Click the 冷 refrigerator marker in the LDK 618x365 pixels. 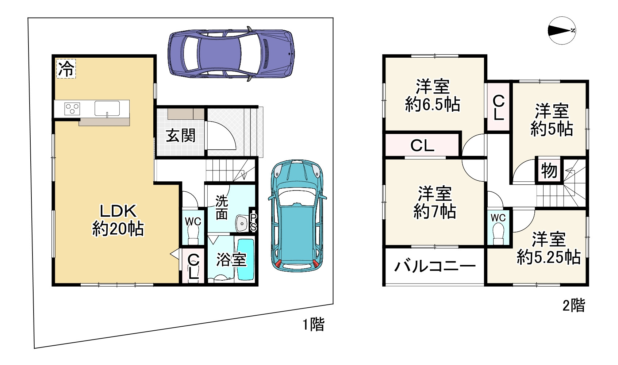point(66,69)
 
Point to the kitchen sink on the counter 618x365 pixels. point(107,108)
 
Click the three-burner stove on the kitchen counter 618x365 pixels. point(72,109)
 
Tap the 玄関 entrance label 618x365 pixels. point(181,136)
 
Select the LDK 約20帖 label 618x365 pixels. point(118,220)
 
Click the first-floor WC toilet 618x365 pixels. point(193,231)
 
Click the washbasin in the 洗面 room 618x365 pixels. point(241,223)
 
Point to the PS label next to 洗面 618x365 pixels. point(253,222)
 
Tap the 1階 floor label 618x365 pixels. point(313,324)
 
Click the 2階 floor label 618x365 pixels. point(573,305)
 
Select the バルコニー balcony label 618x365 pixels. point(434,266)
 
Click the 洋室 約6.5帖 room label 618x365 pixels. point(433,96)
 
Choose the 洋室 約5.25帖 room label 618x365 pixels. point(548,248)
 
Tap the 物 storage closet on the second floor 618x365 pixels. point(549,170)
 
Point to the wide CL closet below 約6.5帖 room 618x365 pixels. point(422,145)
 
